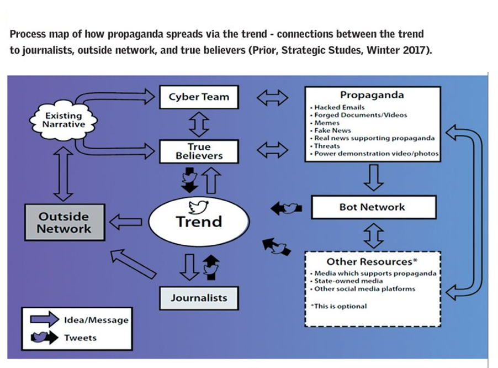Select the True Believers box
(x=199, y=151)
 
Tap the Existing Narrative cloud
(x=63, y=120)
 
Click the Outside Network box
(x=64, y=222)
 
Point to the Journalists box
(x=199, y=298)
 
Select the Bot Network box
(x=372, y=208)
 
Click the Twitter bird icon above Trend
(x=197, y=207)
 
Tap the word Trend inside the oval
(x=199, y=222)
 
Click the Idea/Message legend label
(x=96, y=320)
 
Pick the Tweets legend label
(x=81, y=338)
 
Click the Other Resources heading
(x=372, y=261)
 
